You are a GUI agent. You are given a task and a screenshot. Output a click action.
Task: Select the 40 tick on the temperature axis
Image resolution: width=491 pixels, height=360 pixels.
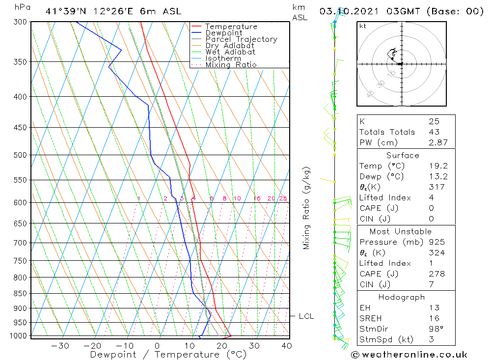[287, 346]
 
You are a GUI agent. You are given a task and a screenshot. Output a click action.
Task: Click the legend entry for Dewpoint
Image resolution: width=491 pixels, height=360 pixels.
[223, 33]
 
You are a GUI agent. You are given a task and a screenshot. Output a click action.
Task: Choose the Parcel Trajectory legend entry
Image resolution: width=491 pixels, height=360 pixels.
[241, 39]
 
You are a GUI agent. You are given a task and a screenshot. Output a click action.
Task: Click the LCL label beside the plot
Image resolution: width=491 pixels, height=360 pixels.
[306, 316]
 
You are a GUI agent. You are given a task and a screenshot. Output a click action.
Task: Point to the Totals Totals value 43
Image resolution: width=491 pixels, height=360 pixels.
[434, 132]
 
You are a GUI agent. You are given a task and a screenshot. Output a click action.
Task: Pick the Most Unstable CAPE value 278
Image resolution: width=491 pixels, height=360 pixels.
[436, 274]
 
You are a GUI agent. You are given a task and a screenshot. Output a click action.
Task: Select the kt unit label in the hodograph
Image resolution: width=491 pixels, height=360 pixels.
[363, 26]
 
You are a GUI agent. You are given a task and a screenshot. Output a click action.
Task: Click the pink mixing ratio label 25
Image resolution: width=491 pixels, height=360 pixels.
[283, 198]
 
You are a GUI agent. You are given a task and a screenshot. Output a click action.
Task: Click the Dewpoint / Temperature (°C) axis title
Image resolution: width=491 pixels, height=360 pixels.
[168, 354]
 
